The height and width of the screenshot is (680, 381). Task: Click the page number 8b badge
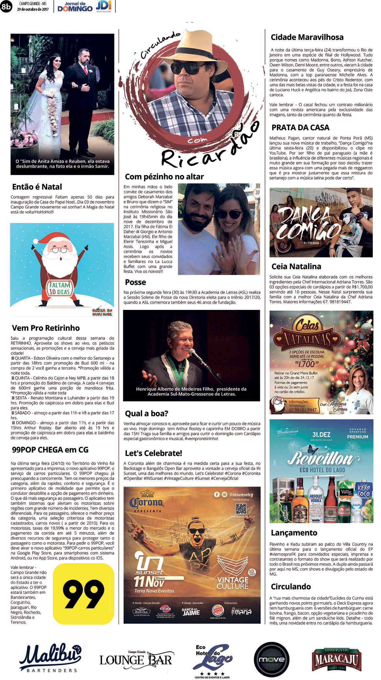[6, 7]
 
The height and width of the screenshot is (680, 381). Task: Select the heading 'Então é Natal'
[37, 187]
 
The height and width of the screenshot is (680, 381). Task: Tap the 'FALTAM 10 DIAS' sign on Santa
[59, 288]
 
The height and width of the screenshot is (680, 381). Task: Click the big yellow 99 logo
[83, 593]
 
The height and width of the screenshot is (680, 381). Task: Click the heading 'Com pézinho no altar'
[164, 177]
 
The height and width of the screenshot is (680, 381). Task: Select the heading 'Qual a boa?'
[146, 413]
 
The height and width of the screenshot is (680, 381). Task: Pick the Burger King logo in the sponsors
[218, 610]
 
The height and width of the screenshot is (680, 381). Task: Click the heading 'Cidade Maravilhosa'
[307, 37]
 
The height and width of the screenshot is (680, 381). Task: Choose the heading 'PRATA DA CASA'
[300, 127]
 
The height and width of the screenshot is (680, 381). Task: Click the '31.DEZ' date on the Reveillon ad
[321, 435]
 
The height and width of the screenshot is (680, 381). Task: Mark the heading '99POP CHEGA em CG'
[50, 450]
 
